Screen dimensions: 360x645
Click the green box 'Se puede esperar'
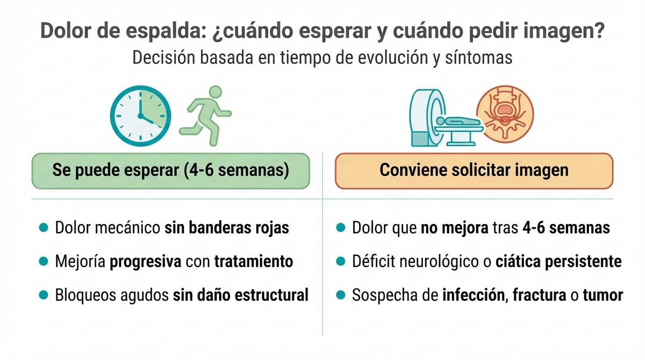tap(171, 170)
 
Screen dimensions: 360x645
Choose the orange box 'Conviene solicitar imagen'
tap(474, 170)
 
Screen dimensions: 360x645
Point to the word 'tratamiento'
tap(253, 262)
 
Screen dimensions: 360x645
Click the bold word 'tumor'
tap(605, 295)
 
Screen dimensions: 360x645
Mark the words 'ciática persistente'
tap(558, 262)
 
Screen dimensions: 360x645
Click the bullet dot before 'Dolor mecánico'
tap(44, 227)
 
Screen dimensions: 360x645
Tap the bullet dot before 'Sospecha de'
tap(340, 295)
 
